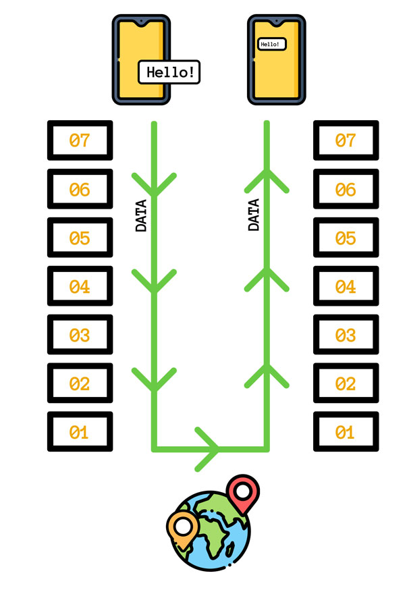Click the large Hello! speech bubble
170,72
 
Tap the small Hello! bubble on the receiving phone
272,44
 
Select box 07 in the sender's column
80,141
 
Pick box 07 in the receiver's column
346,141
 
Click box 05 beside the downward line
80,238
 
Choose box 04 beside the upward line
346,287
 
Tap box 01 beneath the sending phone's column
80,431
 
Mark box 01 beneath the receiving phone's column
346,431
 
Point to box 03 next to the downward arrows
80,335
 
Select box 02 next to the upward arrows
346,383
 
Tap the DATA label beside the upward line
254,215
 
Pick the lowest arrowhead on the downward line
154,379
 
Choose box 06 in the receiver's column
346,190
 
